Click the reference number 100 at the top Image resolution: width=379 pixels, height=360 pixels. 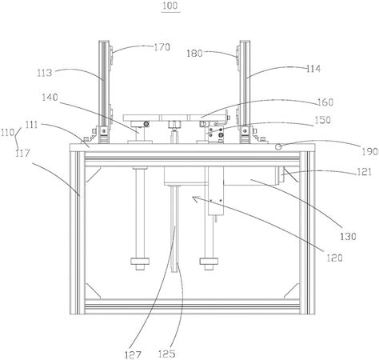coord(170,6)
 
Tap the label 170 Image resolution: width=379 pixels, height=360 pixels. coord(162,47)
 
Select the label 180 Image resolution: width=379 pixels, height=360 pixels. coord(194,54)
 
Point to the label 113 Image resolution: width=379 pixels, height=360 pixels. coord(45,73)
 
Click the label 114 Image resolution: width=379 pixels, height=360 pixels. coord(313,69)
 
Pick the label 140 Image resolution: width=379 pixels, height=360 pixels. coord(50,98)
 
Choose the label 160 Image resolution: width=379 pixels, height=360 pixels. coord(325,102)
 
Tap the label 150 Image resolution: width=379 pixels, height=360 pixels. coord(323,120)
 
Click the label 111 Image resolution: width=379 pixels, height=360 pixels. coord(32,124)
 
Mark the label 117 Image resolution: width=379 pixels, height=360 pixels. coord(22,154)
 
